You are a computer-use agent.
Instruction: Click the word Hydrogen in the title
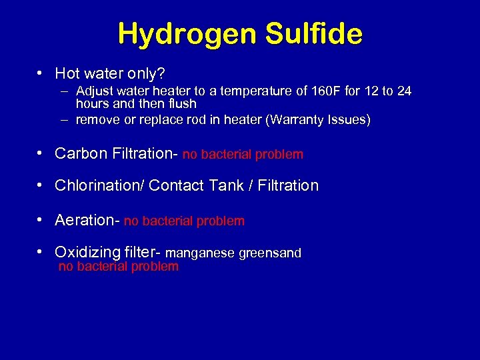tap(183, 34)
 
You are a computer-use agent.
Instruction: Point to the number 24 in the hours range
tap(404, 91)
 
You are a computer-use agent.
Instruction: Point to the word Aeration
tap(85, 220)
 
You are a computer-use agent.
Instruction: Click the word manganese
tap(200, 253)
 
